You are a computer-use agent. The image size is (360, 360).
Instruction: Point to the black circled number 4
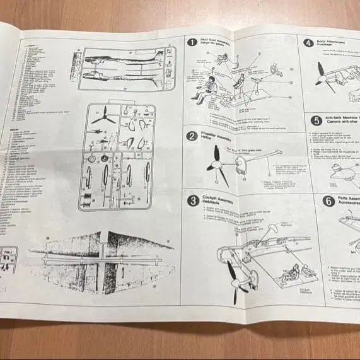(308, 44)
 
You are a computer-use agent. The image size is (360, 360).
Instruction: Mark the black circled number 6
(328, 202)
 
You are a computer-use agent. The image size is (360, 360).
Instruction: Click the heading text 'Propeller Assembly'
(217, 134)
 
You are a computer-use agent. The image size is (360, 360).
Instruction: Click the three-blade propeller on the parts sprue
(103, 117)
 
